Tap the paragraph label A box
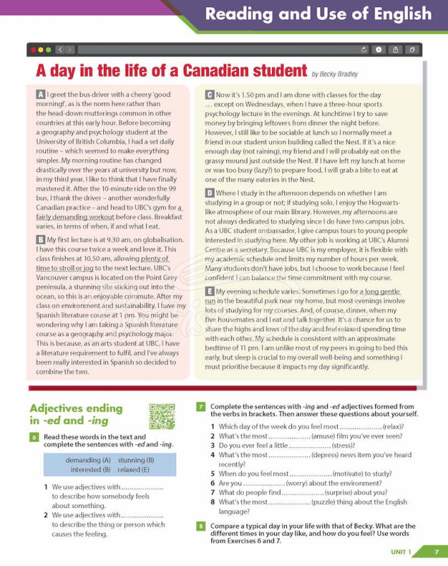[41, 94]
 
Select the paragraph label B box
[41, 241]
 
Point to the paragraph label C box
[210, 94]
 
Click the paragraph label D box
[210, 192]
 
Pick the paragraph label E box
[210, 291]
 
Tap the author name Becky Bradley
[334, 74]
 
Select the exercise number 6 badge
[34, 437]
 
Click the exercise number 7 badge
[201, 407]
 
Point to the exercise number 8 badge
[201, 526]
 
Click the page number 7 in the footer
[436, 552]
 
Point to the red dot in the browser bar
[33, 50]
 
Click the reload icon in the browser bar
[364, 50]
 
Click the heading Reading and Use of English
[318, 14]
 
